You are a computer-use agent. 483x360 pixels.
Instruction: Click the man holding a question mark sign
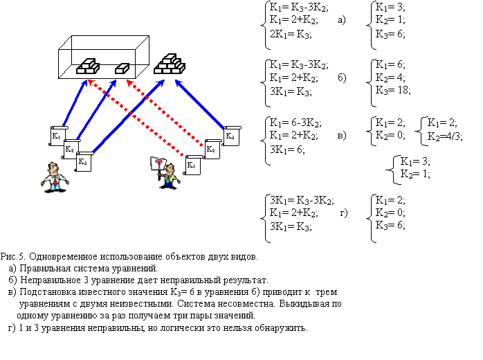[x=165, y=172]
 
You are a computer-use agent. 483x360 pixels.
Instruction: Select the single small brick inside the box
[x=122, y=68]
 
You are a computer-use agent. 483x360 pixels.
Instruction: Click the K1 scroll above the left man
[x=57, y=134]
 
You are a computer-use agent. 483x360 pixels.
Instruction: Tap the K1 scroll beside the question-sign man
[x=192, y=166]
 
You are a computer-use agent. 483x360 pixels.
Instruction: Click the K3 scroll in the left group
[x=83, y=161]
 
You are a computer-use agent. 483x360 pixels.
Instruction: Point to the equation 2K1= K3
[x=291, y=33]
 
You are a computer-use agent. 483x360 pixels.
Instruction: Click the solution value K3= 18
[x=392, y=90]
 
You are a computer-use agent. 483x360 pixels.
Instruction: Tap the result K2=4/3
[x=444, y=136]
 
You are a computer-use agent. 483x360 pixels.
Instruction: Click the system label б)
[x=343, y=76]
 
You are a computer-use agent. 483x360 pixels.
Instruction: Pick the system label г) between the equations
[x=343, y=211]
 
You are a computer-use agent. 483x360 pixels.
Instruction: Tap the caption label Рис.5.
[x=12, y=257]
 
